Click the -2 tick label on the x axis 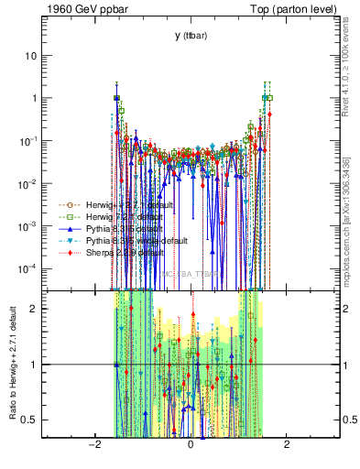coord(93,445)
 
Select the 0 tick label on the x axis coord(191,445)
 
